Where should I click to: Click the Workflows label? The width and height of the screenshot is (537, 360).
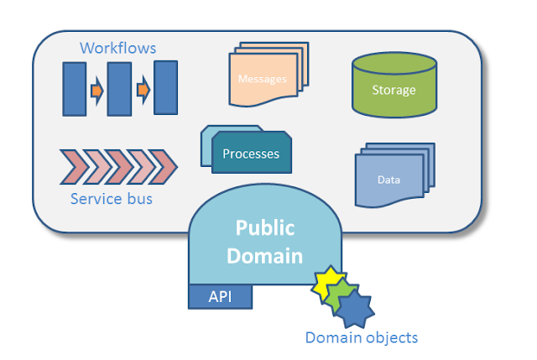click(117, 48)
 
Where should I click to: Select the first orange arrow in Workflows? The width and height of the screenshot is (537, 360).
click(97, 91)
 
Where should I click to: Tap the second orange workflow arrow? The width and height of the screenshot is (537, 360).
click(143, 90)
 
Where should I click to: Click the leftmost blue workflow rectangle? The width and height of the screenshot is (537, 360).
click(75, 89)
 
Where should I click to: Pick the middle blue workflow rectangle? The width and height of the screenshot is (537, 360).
click(119, 89)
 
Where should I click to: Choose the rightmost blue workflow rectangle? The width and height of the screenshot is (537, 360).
click(166, 87)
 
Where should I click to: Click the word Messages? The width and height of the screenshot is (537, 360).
click(263, 79)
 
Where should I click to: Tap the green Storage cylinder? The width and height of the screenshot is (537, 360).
click(394, 86)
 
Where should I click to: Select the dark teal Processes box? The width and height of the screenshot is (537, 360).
click(252, 153)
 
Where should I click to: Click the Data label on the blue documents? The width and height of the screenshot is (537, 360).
click(388, 180)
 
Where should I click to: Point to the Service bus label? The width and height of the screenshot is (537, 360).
click(112, 199)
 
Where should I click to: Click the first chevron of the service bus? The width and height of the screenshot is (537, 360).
click(75, 167)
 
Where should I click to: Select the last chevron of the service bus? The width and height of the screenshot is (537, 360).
click(164, 167)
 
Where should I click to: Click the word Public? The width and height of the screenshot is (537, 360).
click(265, 228)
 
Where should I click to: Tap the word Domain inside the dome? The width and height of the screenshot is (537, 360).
click(265, 256)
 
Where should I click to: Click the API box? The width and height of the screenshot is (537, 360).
click(220, 296)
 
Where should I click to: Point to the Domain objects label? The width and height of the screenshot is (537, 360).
click(362, 337)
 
